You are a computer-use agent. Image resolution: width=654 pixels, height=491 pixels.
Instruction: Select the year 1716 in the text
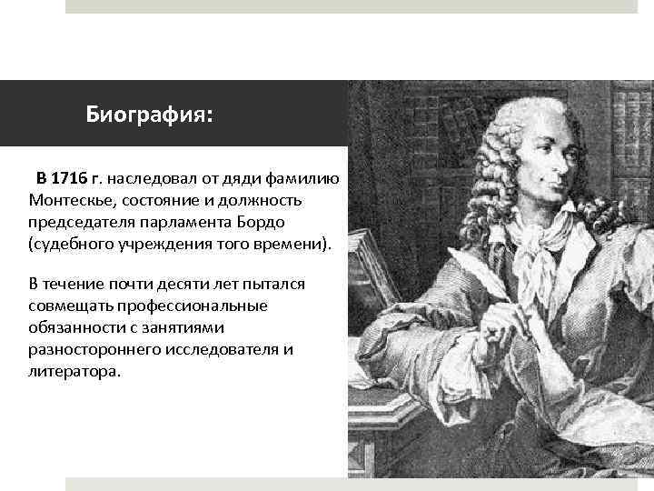[68, 177]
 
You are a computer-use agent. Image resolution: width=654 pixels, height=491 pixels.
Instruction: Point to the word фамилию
[306, 177]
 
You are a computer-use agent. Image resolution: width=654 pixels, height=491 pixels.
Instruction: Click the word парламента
[183, 222]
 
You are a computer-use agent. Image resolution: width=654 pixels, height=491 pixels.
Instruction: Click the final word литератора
[73, 372]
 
